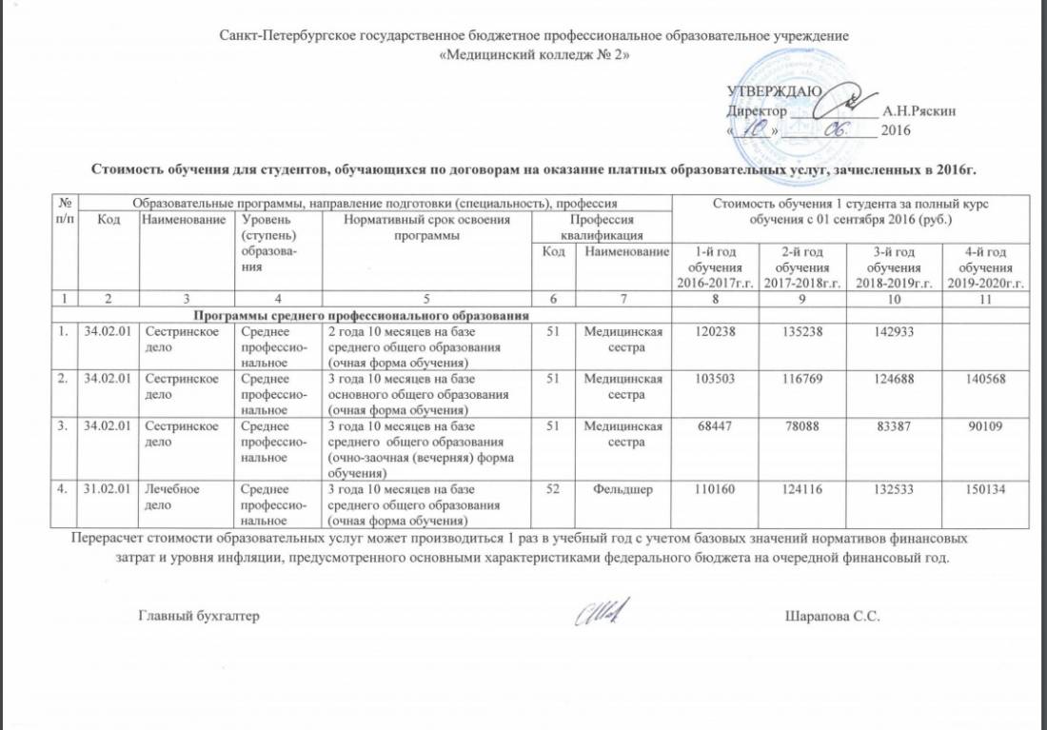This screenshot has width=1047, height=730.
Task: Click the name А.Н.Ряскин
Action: point(919,110)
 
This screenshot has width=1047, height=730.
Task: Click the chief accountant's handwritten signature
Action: point(603,615)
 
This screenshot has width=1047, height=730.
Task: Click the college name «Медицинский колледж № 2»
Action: point(533,54)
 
